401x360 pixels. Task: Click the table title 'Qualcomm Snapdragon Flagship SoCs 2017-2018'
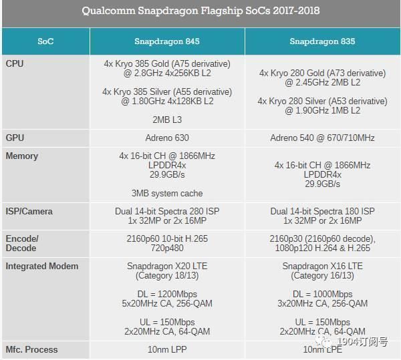(200, 11)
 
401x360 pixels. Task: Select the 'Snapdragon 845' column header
(167, 41)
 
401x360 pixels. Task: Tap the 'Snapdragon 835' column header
(322, 41)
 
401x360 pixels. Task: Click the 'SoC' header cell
(45, 41)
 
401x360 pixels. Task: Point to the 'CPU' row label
(15, 63)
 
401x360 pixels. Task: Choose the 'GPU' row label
(15, 138)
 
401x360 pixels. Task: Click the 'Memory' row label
(22, 156)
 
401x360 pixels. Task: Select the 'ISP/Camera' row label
(29, 211)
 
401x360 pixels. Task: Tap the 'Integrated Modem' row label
(41, 266)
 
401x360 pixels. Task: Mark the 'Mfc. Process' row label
(31, 349)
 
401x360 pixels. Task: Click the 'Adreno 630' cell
(167, 138)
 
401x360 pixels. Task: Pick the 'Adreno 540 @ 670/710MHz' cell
(322, 138)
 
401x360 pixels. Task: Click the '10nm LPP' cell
(167, 349)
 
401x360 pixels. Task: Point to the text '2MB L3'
(167, 120)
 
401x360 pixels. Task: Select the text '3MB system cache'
(167, 193)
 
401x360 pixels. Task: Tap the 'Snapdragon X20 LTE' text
(167, 266)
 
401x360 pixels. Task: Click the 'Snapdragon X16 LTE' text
(322, 266)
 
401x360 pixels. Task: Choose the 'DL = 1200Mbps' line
(167, 294)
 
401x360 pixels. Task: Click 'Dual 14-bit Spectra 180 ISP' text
(322, 211)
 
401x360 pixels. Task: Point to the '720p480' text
(167, 248)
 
